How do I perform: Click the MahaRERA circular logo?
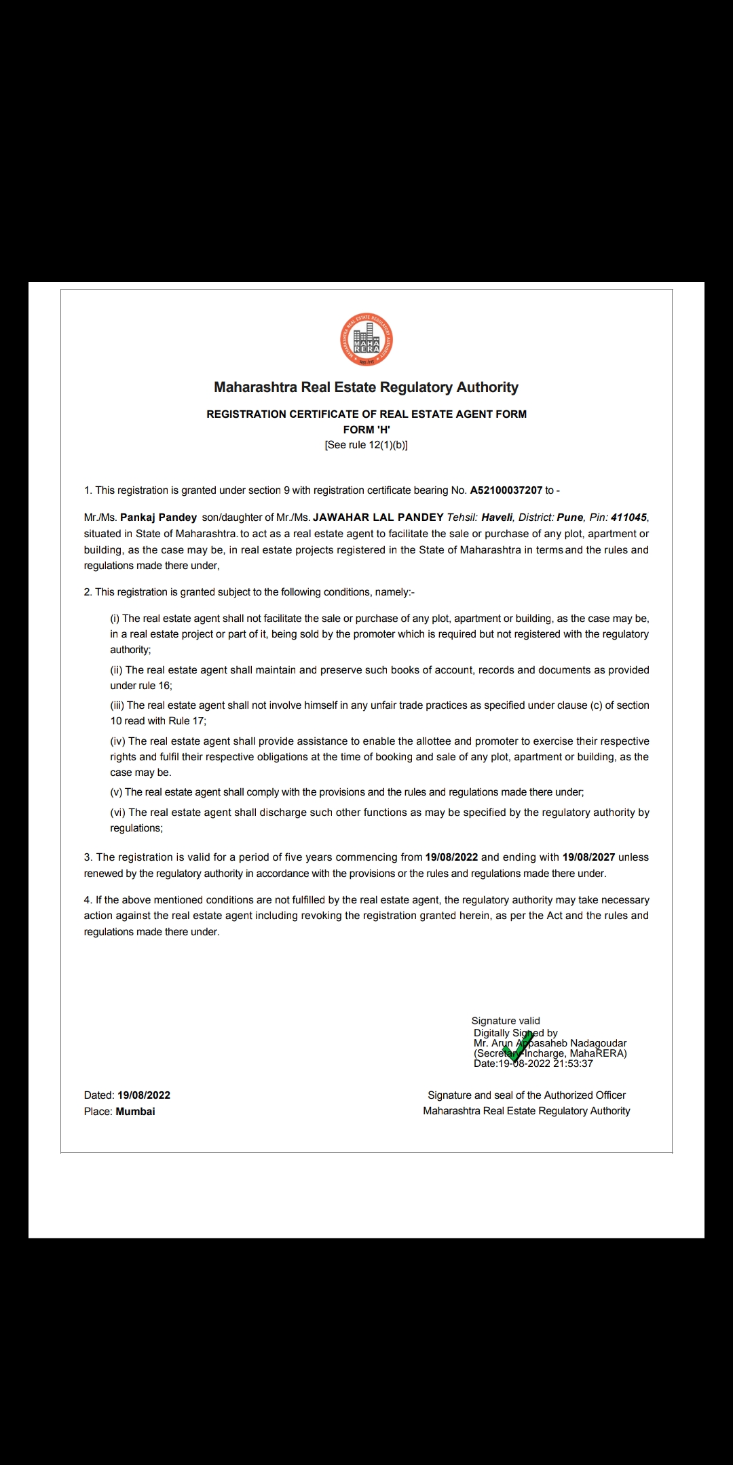366,340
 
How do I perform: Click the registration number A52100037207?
506,490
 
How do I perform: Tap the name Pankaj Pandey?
158,517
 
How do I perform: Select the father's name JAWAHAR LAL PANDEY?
378,517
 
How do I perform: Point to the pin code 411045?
628,517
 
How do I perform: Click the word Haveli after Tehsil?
497,517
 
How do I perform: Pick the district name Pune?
570,517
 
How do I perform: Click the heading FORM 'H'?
366,430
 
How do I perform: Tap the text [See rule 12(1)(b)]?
366,446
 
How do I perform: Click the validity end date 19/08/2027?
588,857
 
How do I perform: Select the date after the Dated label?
144,1095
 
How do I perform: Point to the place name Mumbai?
135,1112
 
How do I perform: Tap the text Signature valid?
506,1021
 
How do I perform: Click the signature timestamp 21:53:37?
573,1063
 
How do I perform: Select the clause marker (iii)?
117,705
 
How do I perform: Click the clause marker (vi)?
118,813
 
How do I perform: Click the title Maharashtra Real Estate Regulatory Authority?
366,387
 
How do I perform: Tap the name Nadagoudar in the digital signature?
599,1043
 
